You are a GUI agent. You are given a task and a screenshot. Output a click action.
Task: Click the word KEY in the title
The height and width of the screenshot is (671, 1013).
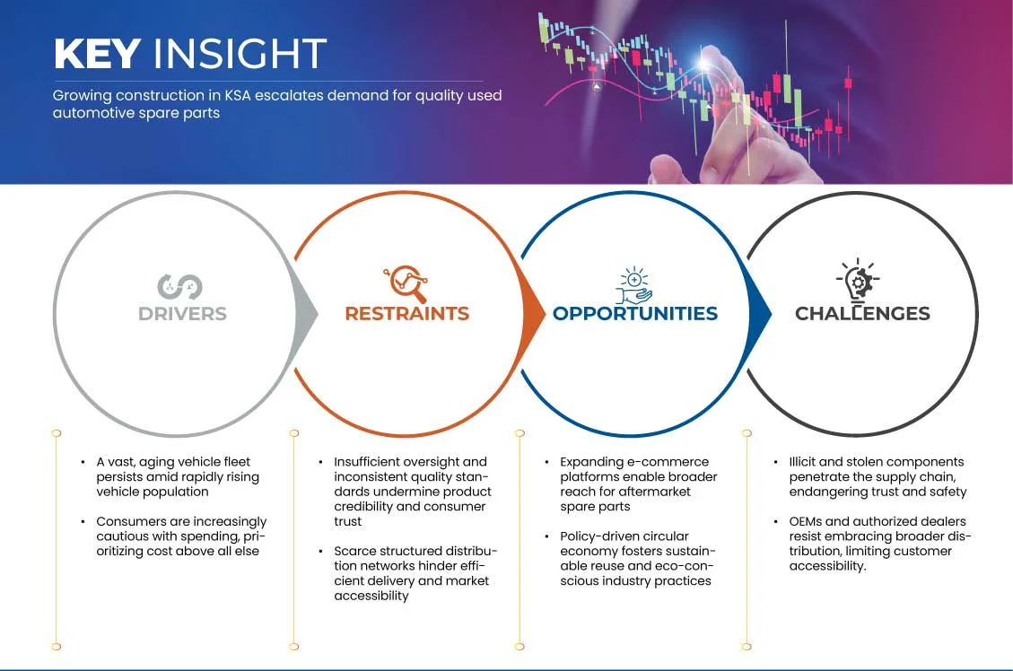(97, 53)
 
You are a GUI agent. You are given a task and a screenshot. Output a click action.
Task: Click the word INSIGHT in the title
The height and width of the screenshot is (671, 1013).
(240, 53)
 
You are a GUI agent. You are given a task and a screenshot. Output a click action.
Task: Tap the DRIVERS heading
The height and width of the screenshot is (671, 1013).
(182, 314)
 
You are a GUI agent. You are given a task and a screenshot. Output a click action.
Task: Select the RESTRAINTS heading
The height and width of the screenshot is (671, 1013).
(407, 314)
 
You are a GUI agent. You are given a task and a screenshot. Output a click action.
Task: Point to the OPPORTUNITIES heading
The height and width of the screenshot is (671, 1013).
(635, 314)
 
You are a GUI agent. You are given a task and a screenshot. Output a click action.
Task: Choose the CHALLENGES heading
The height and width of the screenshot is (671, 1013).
(862, 314)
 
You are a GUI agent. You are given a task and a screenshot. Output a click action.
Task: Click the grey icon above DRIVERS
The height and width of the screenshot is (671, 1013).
(179, 287)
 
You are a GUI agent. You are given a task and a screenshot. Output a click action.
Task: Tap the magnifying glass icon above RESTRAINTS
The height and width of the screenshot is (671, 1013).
(406, 283)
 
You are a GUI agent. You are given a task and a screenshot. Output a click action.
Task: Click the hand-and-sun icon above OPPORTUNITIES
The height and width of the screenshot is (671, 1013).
(633, 284)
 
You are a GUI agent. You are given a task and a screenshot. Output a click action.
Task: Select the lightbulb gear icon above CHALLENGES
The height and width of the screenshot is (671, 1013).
(858, 280)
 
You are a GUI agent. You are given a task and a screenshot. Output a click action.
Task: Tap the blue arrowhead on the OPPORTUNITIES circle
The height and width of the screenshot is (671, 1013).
(760, 315)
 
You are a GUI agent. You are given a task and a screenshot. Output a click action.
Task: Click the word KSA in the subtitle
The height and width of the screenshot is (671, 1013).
(238, 96)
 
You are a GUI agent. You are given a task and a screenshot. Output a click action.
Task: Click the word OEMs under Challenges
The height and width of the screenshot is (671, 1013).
(805, 521)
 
